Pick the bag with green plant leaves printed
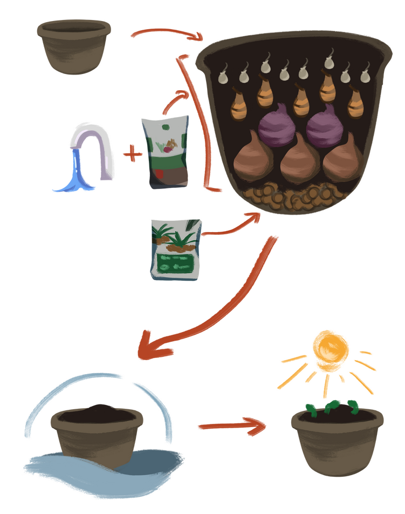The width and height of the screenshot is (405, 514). [176, 249]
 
